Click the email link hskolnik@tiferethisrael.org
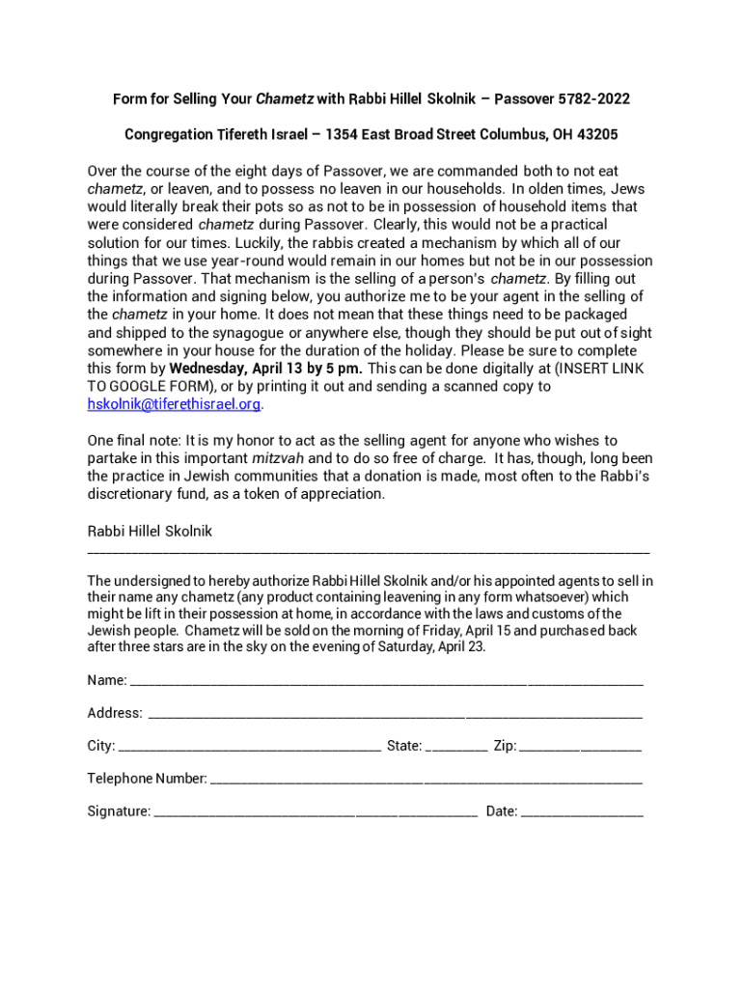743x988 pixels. pyautogui.click(x=174, y=404)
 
